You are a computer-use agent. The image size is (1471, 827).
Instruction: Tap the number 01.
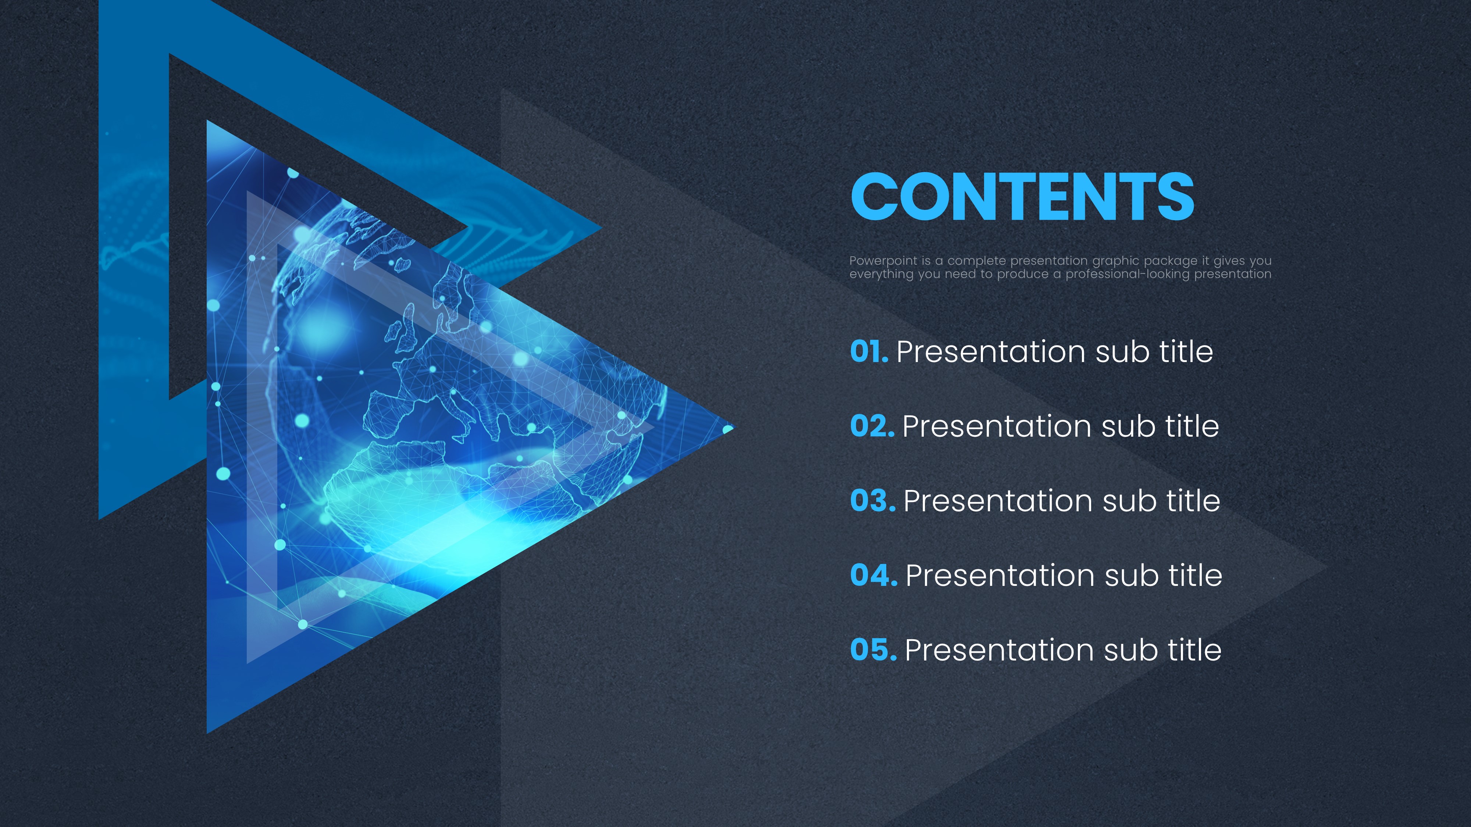pos(869,352)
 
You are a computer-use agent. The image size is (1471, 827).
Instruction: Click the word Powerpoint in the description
pos(883,261)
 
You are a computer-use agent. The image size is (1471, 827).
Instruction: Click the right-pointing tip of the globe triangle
pos(734,427)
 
